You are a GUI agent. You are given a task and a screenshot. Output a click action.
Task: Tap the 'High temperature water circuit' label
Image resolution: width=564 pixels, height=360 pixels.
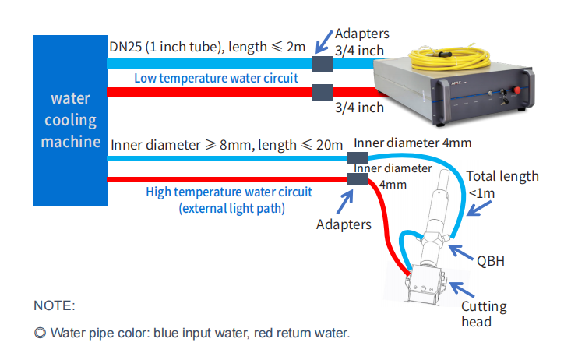pos(229,192)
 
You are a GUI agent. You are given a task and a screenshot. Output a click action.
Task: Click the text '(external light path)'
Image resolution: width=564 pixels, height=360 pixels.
pos(229,208)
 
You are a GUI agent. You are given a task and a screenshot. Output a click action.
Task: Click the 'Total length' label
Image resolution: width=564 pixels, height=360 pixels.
pos(502,176)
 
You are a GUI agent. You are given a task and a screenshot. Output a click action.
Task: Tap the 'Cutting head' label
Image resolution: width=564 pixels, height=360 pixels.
pos(484,315)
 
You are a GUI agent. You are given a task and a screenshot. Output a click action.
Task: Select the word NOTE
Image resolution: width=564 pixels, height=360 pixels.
pos(55,305)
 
